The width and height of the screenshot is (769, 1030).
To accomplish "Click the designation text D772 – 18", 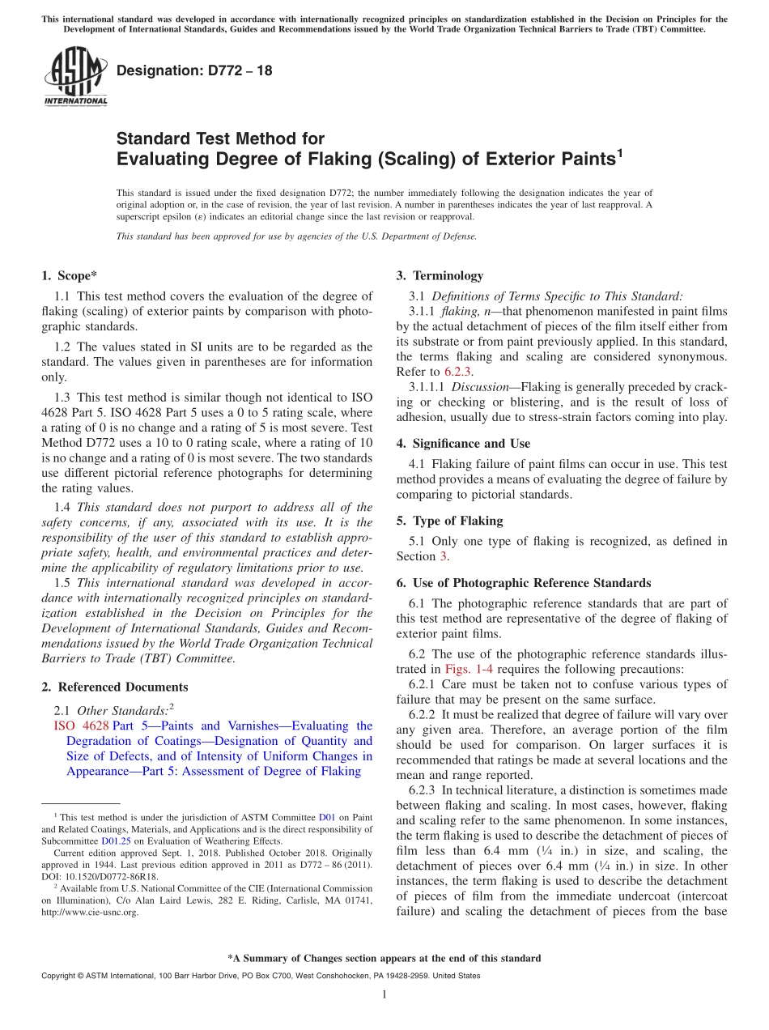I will [194, 71].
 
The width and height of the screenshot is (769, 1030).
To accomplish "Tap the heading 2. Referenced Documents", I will [114, 687].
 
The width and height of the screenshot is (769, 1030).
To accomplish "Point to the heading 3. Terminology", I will [440, 275].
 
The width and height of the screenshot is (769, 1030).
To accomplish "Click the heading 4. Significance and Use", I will [463, 443].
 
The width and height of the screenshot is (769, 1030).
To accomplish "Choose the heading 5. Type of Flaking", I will [449, 521].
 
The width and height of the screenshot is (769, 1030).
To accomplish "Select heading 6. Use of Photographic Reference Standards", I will [523, 582].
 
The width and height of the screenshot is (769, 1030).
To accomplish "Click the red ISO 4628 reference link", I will [81, 726].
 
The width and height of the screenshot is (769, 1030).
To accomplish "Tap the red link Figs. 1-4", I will [465, 669].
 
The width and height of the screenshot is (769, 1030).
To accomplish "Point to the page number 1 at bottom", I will [384, 994].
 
